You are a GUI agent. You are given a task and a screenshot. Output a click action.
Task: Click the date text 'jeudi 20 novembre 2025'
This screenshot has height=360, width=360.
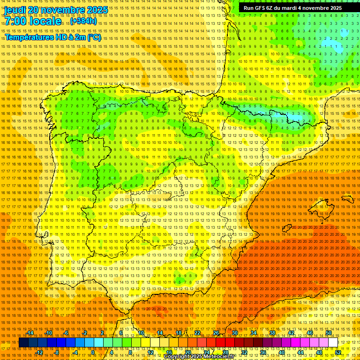click(x=56, y=10)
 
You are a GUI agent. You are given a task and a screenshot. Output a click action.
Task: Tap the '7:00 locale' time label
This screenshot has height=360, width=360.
click(x=33, y=21)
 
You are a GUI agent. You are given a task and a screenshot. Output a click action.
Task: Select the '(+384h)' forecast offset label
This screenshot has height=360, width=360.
click(x=84, y=21)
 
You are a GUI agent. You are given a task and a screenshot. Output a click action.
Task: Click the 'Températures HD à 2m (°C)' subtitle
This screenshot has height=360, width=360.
click(x=53, y=37)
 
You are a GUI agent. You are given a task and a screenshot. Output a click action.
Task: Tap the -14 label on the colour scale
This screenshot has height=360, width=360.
click(x=31, y=333)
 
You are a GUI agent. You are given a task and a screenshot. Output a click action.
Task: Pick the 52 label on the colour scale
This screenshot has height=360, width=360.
click(x=338, y=352)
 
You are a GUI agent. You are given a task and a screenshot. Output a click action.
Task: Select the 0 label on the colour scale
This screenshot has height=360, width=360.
click(x=93, y=352)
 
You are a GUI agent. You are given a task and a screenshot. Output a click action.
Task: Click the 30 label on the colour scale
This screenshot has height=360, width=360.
click(x=234, y=333)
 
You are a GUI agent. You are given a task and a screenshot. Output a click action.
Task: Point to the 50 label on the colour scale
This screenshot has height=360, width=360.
click(x=328, y=333)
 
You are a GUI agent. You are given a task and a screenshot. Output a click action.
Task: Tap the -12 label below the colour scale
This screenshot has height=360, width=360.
click(x=40, y=352)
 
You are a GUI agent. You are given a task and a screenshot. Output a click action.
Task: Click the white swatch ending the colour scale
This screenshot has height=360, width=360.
click(x=333, y=343)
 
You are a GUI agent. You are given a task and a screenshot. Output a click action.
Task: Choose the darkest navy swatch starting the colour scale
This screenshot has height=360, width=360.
click(x=23, y=343)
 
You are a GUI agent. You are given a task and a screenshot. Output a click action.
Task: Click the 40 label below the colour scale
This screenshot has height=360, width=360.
click(x=281, y=352)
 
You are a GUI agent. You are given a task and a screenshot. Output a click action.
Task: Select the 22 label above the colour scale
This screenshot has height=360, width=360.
click(x=197, y=333)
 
